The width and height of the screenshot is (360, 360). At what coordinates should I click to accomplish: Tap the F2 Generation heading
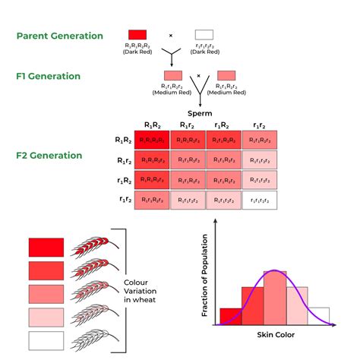[49, 155]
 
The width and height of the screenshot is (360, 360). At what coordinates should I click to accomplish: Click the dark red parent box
[137, 35]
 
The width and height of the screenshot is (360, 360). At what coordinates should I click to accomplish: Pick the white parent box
[204, 35]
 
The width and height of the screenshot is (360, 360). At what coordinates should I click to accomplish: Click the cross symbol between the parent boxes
[171, 35]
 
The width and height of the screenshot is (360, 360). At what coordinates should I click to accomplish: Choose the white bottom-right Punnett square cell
[259, 200]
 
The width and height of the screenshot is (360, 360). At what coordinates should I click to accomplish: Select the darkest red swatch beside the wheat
[46, 248]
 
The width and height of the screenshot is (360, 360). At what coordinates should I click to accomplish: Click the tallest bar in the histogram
[274, 298]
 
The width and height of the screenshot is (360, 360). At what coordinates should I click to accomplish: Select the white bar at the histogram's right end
[318, 316]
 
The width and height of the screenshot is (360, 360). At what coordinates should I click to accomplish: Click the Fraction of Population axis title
[204, 272]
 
